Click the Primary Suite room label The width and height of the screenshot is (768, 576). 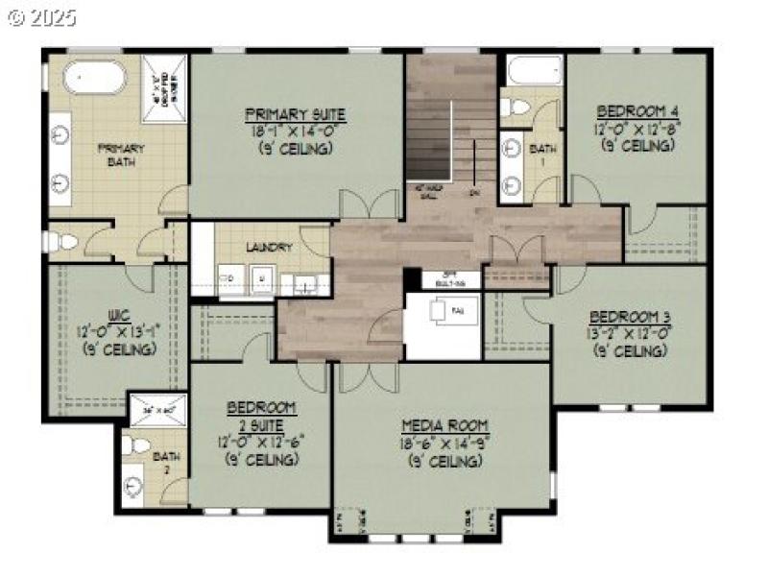click(295, 113)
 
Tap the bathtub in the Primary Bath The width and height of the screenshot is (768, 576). click(93, 76)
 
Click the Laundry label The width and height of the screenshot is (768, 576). click(269, 247)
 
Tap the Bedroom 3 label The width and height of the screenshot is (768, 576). click(630, 316)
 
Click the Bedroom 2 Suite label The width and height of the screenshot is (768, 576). click(260, 416)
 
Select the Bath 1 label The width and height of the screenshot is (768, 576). click(542, 155)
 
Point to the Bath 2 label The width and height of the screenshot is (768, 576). click(166, 463)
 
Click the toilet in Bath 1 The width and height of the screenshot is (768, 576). click(516, 107)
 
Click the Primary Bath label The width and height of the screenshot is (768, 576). click(120, 155)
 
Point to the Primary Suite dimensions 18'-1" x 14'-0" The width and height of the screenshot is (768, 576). click(295, 132)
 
